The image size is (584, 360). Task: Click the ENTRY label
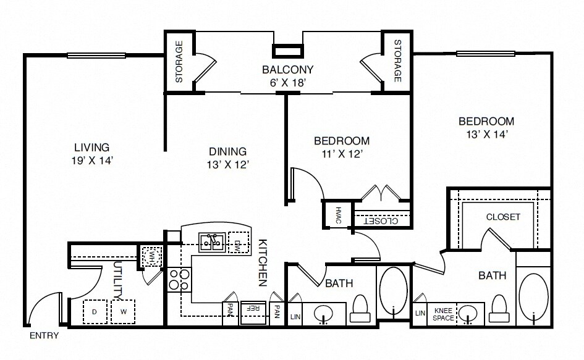pos(44,335)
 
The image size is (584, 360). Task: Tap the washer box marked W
pos(123,312)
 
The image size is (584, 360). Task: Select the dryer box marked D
pos(95,312)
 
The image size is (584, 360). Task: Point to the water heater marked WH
pos(151,256)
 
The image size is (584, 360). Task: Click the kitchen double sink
pos(212,242)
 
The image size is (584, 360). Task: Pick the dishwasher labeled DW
pos(238,242)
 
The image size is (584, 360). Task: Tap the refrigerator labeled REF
pos(253,312)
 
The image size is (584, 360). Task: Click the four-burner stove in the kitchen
pos(179,280)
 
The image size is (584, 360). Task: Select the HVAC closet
pos(338,214)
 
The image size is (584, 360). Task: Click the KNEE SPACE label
pos(443,314)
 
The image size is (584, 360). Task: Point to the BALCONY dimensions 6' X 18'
pos(287,83)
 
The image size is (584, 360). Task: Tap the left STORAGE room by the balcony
pos(179,62)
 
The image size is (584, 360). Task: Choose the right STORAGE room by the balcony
pos(397,61)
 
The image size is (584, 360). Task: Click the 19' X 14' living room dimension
pos(92,161)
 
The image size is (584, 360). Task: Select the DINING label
pos(227,151)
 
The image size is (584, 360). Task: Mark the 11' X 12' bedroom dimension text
pos(342,154)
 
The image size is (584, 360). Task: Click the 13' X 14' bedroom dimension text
pos(487,134)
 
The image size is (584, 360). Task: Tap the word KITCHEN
pos(263,262)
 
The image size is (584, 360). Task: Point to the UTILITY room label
pos(117,280)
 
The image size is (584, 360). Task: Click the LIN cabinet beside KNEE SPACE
pos(420,314)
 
